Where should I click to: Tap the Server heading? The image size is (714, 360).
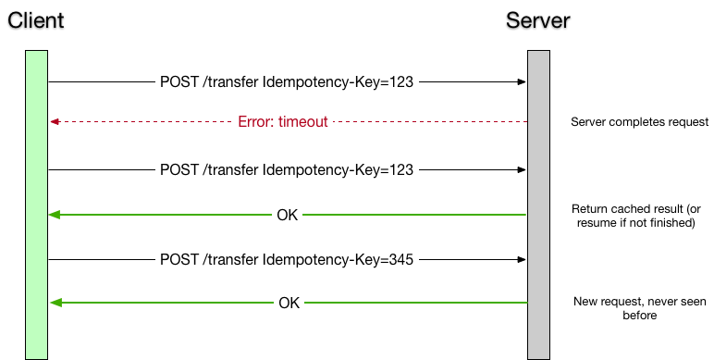[538, 20]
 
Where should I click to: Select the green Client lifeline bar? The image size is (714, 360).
[36, 204]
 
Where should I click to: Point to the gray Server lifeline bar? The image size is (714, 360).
[538, 204]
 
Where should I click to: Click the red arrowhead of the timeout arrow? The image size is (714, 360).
[55, 122]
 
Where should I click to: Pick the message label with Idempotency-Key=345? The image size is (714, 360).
[287, 260]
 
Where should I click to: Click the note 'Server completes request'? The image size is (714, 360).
[639, 122]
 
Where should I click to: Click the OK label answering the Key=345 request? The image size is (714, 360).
[288, 303]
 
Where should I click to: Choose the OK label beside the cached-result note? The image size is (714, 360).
[288, 216]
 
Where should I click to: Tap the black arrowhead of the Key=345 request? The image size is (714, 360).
[522, 260]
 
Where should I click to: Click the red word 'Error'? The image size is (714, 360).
[255, 122]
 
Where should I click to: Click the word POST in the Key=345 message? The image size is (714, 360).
[178, 260]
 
